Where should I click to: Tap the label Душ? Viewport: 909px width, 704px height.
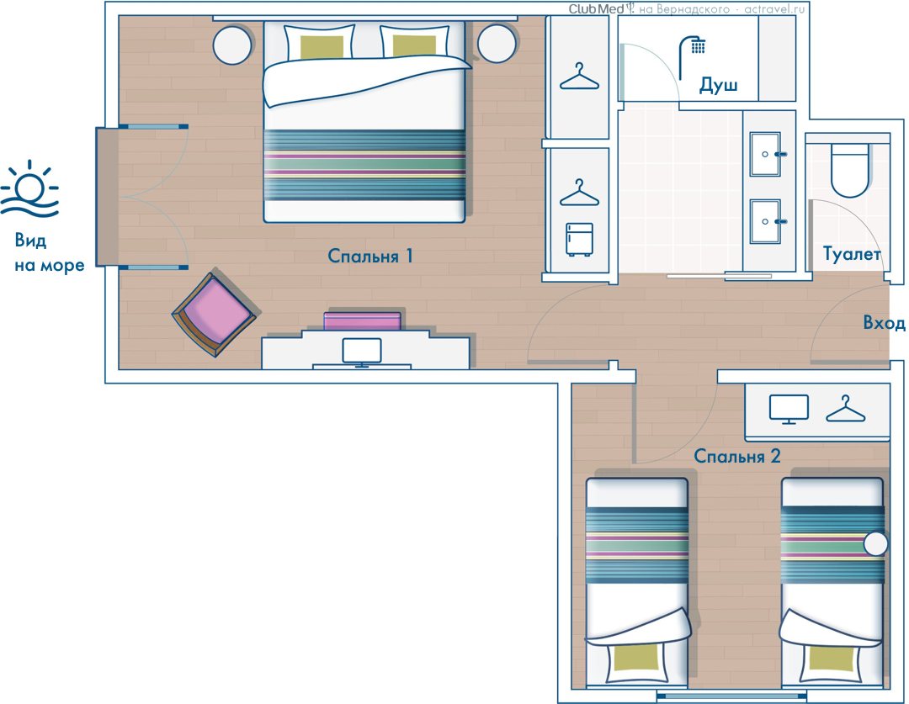(x=718, y=85)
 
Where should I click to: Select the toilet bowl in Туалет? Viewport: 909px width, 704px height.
(x=850, y=170)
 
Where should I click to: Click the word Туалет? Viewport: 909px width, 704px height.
(x=852, y=254)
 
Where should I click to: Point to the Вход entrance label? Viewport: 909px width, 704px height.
(x=884, y=322)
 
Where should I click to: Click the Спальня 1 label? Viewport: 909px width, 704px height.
(x=369, y=256)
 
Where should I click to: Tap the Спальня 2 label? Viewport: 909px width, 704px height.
(x=736, y=456)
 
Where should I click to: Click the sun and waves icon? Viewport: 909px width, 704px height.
(x=29, y=189)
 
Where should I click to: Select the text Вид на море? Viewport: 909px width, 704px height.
(x=50, y=252)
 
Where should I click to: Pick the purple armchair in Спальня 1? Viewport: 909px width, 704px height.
(x=215, y=315)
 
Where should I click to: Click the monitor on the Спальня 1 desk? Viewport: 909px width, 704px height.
(x=362, y=352)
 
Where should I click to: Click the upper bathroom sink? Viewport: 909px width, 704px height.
(x=765, y=154)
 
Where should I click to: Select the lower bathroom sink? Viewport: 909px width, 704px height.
(x=765, y=221)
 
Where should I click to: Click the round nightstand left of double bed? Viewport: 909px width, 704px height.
(x=232, y=45)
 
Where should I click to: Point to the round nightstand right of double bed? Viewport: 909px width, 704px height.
(x=497, y=44)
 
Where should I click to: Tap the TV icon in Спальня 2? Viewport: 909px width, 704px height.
(x=789, y=410)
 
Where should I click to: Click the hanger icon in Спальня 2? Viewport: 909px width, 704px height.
(x=845, y=409)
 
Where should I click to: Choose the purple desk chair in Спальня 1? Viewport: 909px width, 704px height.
(x=362, y=321)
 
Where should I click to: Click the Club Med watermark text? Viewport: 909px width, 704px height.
(x=597, y=8)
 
